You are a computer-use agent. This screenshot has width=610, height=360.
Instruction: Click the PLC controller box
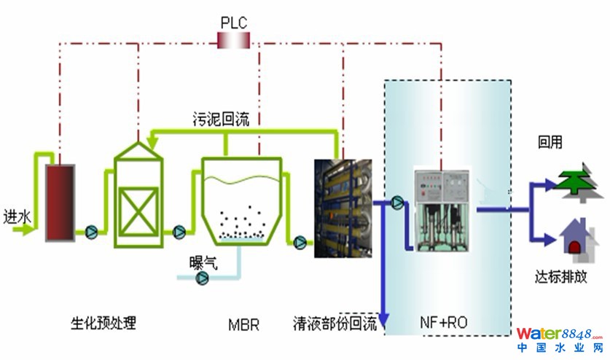click(x=234, y=41)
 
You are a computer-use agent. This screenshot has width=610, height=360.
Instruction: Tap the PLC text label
click(x=234, y=21)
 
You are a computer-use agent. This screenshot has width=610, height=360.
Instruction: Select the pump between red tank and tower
click(x=92, y=232)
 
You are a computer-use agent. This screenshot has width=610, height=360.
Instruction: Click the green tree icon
click(x=576, y=181)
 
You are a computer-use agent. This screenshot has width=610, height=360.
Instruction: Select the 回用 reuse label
click(x=550, y=143)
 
